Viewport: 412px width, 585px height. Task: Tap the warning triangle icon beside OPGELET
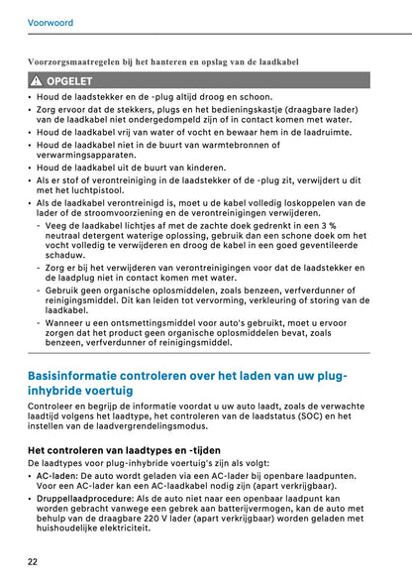(36, 80)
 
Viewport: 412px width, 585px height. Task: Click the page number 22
(34, 561)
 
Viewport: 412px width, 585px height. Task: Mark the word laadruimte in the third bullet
(322, 131)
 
